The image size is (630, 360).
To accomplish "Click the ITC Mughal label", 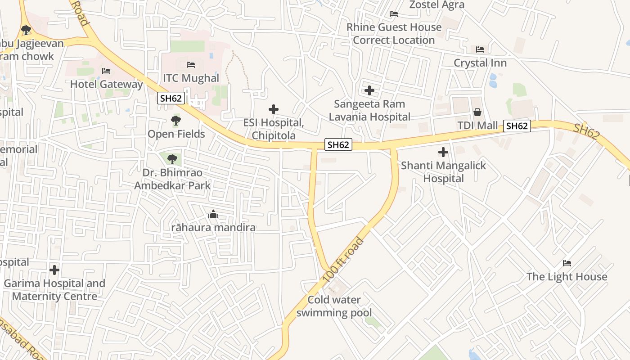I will [191, 78].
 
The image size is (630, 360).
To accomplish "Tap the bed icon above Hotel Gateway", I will [106, 71].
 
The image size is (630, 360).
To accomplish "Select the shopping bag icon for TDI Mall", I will [477, 112].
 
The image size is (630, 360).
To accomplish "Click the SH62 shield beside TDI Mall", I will [517, 126].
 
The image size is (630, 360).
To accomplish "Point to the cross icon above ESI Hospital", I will [273, 109].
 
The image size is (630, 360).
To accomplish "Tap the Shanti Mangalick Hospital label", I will [443, 172].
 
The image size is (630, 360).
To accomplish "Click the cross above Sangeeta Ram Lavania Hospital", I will [369, 90].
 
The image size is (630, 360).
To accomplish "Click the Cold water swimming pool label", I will [334, 306].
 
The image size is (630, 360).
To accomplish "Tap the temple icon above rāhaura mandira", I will [213, 215].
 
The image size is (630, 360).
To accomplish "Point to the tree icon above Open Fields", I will [176, 121].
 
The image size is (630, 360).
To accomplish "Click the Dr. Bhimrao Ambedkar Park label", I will [172, 179].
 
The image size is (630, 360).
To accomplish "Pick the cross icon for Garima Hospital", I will [54, 270].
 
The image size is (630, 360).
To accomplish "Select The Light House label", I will [567, 276].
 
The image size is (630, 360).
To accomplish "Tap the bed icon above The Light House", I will [567, 263].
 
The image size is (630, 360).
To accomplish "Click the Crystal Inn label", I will [480, 63].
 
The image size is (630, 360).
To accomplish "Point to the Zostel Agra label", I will [436, 5].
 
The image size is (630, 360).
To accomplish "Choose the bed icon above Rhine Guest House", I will [394, 14].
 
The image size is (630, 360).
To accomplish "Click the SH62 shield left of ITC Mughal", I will [171, 98].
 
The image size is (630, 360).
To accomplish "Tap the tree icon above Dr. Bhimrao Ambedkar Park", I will [172, 159].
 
